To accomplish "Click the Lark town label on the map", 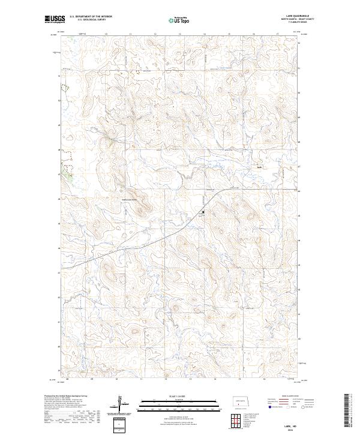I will (x=260, y=167).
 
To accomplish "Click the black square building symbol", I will (x=203, y=212).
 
